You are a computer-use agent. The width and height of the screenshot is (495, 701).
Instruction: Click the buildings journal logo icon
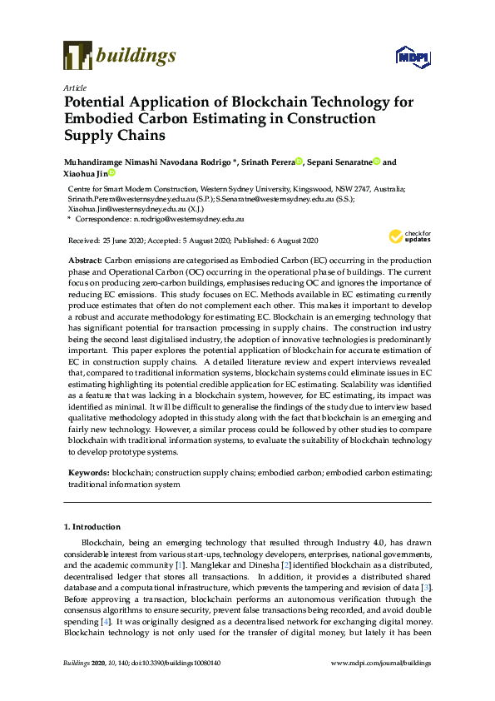coord(77,56)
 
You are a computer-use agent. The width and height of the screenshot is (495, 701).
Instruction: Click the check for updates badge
coord(409,237)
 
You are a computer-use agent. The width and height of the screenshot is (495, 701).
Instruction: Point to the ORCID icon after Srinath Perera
coord(301,162)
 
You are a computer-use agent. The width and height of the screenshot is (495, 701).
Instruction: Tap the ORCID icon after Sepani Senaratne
coord(376,162)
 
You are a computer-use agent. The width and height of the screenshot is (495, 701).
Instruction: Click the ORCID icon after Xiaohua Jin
coord(111,173)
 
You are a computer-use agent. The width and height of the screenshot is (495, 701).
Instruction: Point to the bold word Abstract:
coord(86,261)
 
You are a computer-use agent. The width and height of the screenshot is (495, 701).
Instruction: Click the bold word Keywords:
coord(89,473)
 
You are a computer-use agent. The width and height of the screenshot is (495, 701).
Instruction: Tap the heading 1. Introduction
coord(92,527)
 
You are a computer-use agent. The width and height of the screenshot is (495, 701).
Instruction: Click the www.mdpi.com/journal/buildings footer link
coord(381,663)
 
